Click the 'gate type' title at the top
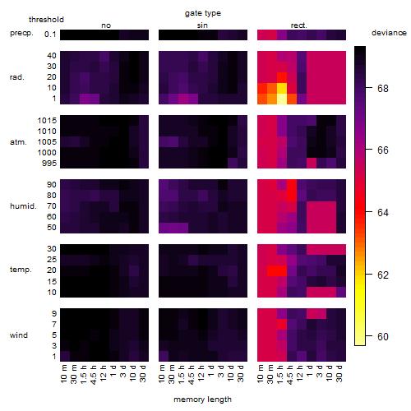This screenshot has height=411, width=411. [x=203, y=13]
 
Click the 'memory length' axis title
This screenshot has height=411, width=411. [x=202, y=399]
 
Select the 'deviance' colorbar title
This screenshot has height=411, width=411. [x=389, y=33]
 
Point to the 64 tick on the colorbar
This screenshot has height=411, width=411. [x=369, y=212]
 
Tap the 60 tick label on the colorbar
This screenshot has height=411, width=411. [x=383, y=336]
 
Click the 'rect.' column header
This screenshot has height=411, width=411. [x=299, y=25]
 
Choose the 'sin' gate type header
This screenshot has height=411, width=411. [x=202, y=25]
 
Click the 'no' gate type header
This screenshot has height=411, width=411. [x=106, y=25]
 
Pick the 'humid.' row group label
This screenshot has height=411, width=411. [x=23, y=205]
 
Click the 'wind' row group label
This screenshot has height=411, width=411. [x=19, y=335]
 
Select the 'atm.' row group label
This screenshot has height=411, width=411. [x=18, y=142]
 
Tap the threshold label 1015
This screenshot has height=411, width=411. [x=47, y=120]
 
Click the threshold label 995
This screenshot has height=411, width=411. [x=49, y=163]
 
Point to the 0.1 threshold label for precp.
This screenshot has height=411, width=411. [x=50, y=35]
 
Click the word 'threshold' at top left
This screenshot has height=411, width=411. [x=46, y=20]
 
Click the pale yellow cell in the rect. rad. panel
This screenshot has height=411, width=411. [x=282, y=99]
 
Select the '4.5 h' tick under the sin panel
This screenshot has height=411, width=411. [x=192, y=374]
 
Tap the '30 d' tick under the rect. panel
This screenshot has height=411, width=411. [x=339, y=373]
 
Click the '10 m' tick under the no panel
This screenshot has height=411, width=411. [x=63, y=374]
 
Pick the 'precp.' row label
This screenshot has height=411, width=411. [x=21, y=33]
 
